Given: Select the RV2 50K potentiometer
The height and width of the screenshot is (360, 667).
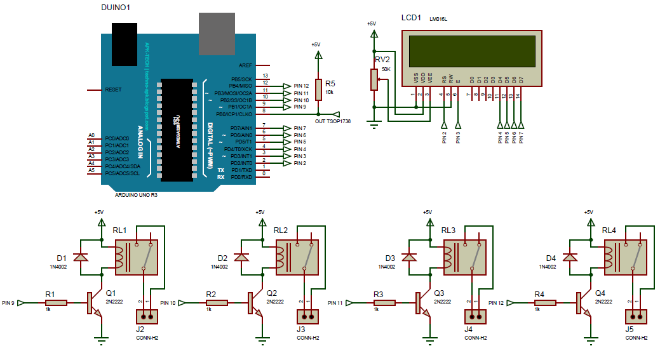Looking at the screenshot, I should pos(374,79).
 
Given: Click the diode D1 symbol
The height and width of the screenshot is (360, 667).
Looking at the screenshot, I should pos(80,257).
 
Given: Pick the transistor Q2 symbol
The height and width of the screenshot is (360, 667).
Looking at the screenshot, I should pos(254,304).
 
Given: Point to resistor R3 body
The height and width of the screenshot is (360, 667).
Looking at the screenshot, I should pos(387,303).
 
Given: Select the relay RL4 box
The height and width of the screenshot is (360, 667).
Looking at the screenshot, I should pos(625,255).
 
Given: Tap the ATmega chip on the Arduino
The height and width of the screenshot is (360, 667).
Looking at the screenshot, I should pos(177,129).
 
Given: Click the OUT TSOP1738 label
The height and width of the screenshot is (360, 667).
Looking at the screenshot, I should pos(332,121).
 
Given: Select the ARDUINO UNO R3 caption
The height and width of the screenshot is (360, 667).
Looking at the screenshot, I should pos(136,196).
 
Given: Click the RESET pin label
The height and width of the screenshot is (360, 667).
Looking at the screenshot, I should pos(113,90).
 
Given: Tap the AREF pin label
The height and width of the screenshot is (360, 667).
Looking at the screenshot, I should pos(245,65).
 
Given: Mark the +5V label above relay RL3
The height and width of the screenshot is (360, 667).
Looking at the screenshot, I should pos(427,212).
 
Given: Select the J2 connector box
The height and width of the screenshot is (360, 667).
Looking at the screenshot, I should pos(147,316).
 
